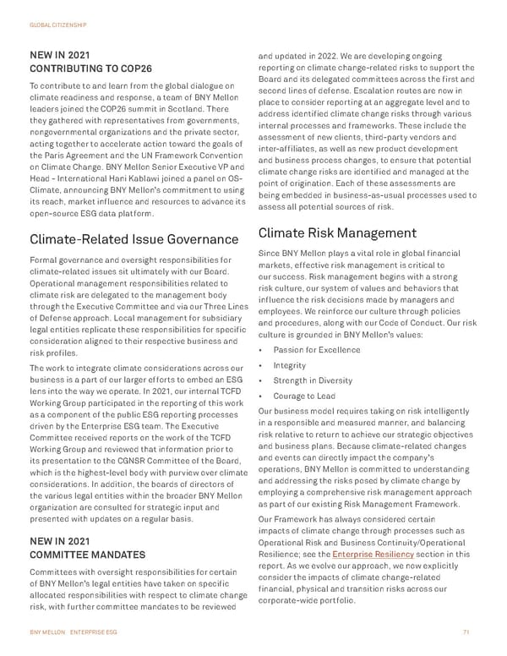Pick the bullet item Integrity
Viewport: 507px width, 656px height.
[291, 364]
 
